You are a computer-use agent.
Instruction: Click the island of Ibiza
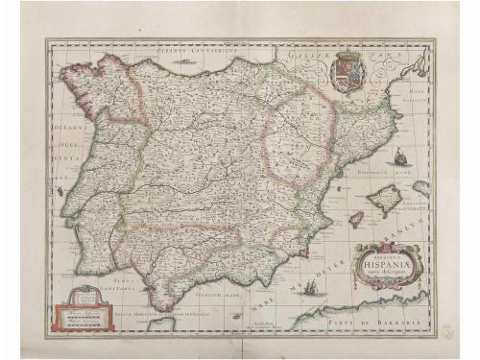click(356, 220)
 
